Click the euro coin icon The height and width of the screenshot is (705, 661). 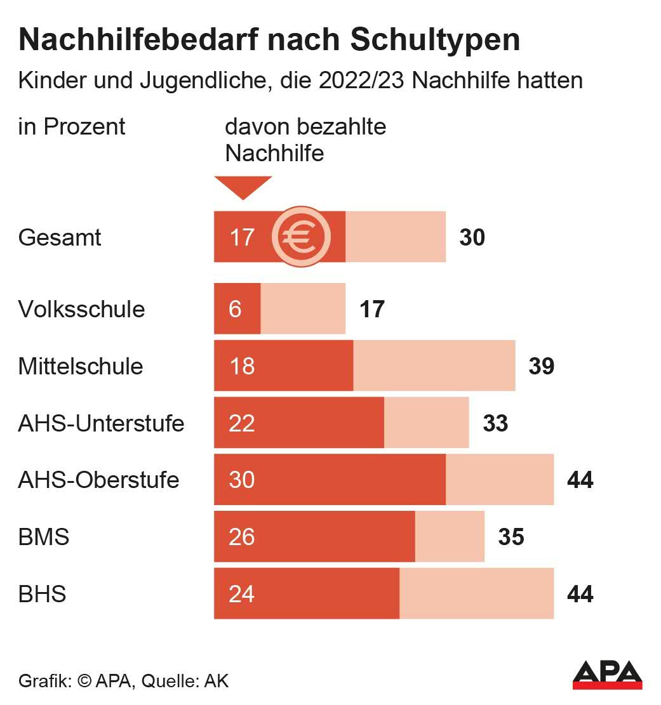302,237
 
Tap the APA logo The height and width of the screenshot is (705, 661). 607,674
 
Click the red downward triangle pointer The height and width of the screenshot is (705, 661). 243,187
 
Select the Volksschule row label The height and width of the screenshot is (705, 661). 81,310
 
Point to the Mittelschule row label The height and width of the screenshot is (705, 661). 81,367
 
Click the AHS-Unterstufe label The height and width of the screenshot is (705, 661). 101,423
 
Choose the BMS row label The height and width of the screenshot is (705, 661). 44,537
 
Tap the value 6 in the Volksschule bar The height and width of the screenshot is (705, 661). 235,310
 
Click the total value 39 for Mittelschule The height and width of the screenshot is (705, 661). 541,367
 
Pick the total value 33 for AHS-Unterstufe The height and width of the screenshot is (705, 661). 495,423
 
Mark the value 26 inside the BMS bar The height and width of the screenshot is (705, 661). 242,537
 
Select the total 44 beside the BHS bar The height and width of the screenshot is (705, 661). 580,595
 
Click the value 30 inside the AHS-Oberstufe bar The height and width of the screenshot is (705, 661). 242,480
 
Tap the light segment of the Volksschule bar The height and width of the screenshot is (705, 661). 303,309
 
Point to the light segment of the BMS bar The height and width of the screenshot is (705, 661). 450,537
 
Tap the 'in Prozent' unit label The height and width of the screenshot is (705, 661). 72,126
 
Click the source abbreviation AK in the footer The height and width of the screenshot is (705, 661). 216,682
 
